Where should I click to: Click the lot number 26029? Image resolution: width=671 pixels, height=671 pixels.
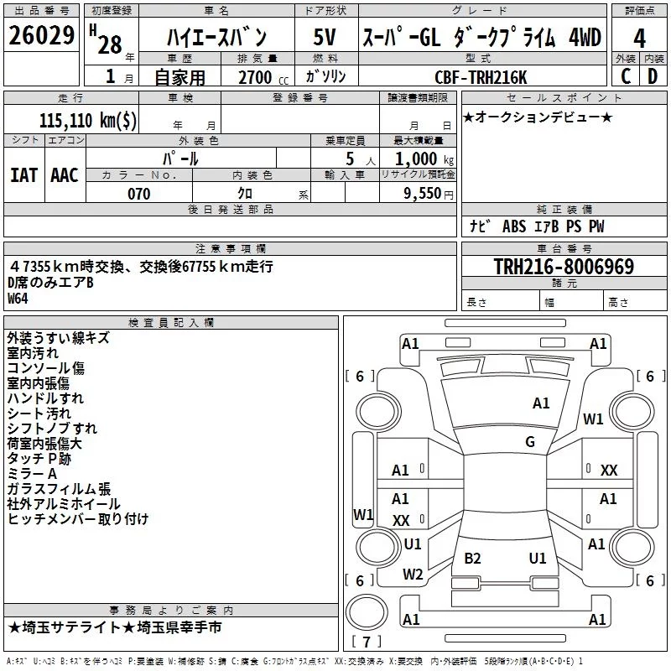(41, 35)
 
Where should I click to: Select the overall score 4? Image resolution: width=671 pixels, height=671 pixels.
(639, 39)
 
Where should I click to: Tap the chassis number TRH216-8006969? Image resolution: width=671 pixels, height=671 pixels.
(564, 266)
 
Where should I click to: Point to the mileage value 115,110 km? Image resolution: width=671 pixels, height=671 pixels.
(88, 120)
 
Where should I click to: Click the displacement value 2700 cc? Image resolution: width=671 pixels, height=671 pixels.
(263, 77)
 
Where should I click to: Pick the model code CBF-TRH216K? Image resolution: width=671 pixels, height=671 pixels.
(481, 77)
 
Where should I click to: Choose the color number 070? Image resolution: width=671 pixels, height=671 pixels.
(138, 194)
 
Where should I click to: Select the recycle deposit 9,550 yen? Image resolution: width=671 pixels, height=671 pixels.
(428, 194)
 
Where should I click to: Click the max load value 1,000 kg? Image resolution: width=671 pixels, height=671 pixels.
(424, 159)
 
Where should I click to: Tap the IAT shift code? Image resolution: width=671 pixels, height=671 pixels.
(23, 175)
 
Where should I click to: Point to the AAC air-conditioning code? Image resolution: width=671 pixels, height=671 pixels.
(65, 175)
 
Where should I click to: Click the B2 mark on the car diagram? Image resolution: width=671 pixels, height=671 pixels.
(472, 559)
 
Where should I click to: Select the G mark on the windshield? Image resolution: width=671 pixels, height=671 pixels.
(530, 442)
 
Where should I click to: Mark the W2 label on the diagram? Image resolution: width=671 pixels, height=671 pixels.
(413, 575)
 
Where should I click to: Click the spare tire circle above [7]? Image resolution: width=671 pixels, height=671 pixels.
(367, 612)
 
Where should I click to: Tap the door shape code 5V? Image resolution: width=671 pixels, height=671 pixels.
(325, 37)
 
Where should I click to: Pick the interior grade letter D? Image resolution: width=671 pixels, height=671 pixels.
(653, 76)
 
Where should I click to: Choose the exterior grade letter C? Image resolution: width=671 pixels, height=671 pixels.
(626, 76)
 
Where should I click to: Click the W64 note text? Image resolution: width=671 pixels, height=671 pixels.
(18, 299)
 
